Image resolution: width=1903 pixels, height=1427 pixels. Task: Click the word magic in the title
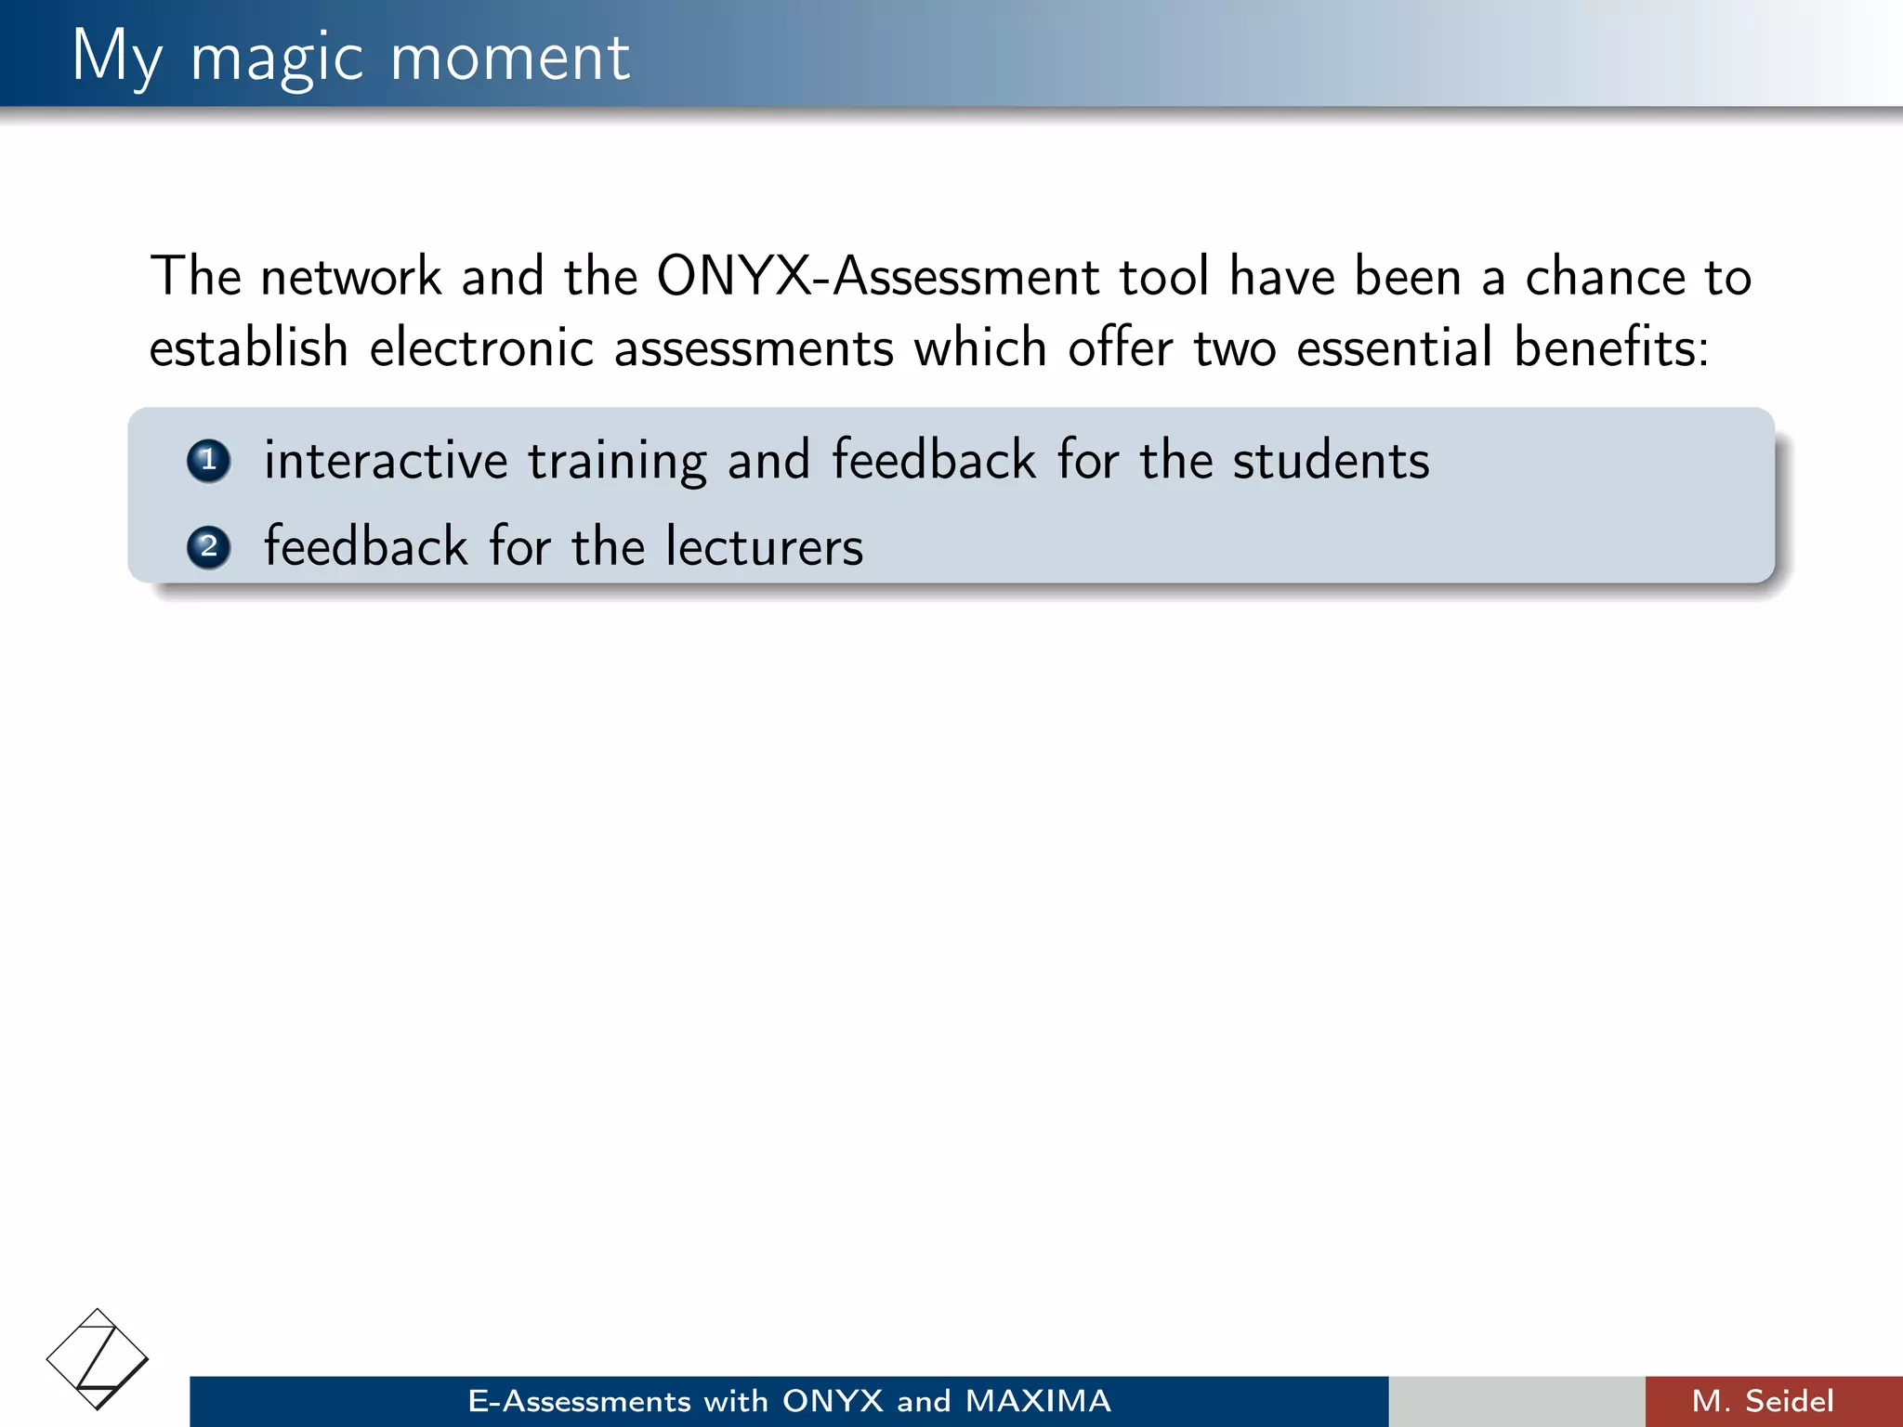(276, 59)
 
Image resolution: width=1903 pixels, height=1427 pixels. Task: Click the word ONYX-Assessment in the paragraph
(877, 277)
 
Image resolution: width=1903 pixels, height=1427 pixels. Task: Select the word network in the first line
(350, 277)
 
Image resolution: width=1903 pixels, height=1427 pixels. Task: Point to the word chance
(1605, 277)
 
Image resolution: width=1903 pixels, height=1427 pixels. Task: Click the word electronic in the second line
(481, 348)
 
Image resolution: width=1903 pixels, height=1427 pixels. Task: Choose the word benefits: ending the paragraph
(1611, 348)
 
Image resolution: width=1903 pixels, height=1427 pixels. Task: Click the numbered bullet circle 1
(208, 461)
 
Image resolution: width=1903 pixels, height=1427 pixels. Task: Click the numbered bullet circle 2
(208, 547)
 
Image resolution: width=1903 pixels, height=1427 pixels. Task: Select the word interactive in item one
(386, 461)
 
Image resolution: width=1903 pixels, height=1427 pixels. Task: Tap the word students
(1331, 461)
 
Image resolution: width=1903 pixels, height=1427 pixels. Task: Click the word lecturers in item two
(764, 546)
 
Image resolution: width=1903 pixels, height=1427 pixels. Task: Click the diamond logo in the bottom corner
(98, 1359)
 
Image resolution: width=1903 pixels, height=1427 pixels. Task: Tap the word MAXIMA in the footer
(1037, 1401)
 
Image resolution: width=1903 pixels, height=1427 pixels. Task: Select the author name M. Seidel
(1763, 1401)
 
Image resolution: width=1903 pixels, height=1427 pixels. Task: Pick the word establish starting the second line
(249, 348)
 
